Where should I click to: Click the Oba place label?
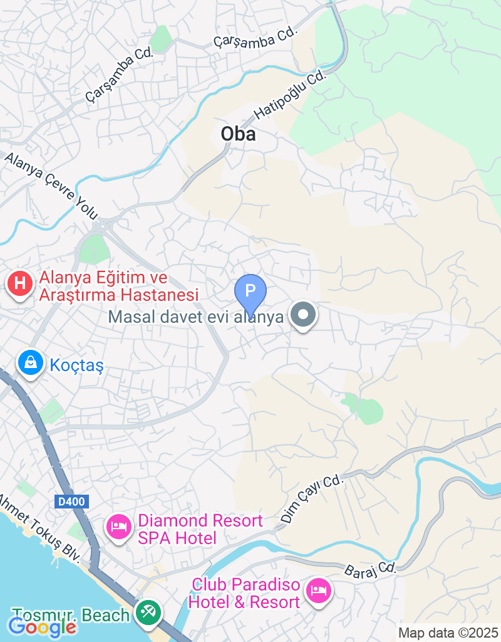point(238,134)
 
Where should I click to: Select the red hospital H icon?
point(20,283)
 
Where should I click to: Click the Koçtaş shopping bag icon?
point(29,363)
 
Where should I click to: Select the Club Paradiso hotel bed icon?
point(318,591)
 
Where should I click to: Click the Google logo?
point(43,626)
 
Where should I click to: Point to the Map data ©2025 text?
point(448,633)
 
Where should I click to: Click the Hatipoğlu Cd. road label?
point(291,95)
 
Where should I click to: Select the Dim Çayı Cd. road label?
point(312,499)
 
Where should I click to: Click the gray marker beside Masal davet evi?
point(304,315)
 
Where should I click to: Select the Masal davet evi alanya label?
point(196,317)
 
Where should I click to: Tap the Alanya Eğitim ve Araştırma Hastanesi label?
point(119,286)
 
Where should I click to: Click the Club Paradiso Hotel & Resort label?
point(245,594)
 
